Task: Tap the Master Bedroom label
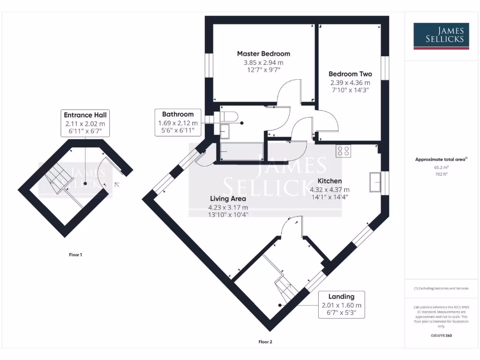(x=263, y=53)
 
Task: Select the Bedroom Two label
(x=350, y=74)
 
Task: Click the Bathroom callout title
(x=178, y=114)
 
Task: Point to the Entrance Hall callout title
(x=85, y=115)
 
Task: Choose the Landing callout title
(x=341, y=296)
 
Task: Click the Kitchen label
(x=330, y=181)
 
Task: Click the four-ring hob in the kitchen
(x=343, y=151)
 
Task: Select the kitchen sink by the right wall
(x=376, y=182)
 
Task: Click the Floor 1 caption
(x=75, y=255)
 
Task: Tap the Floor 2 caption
(x=265, y=342)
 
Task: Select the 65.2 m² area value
(x=441, y=166)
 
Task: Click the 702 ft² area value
(x=441, y=173)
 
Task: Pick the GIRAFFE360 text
(x=441, y=336)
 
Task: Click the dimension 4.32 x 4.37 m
(x=330, y=190)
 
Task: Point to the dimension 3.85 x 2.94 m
(x=263, y=62)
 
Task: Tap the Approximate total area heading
(x=441, y=159)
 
